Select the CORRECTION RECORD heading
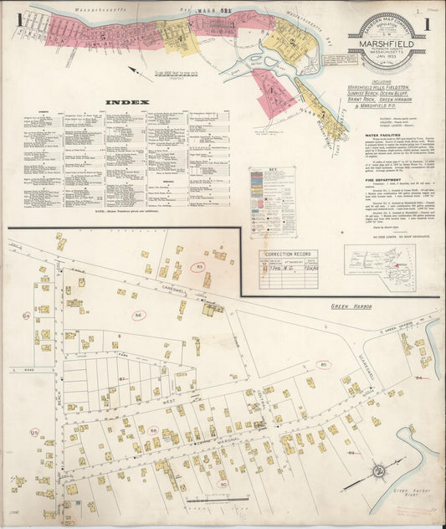(288, 254)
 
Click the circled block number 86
(139, 315)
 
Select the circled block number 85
(322, 364)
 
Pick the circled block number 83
(199, 266)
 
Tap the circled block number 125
(34, 432)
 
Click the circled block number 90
(223, 484)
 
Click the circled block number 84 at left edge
(27, 316)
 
